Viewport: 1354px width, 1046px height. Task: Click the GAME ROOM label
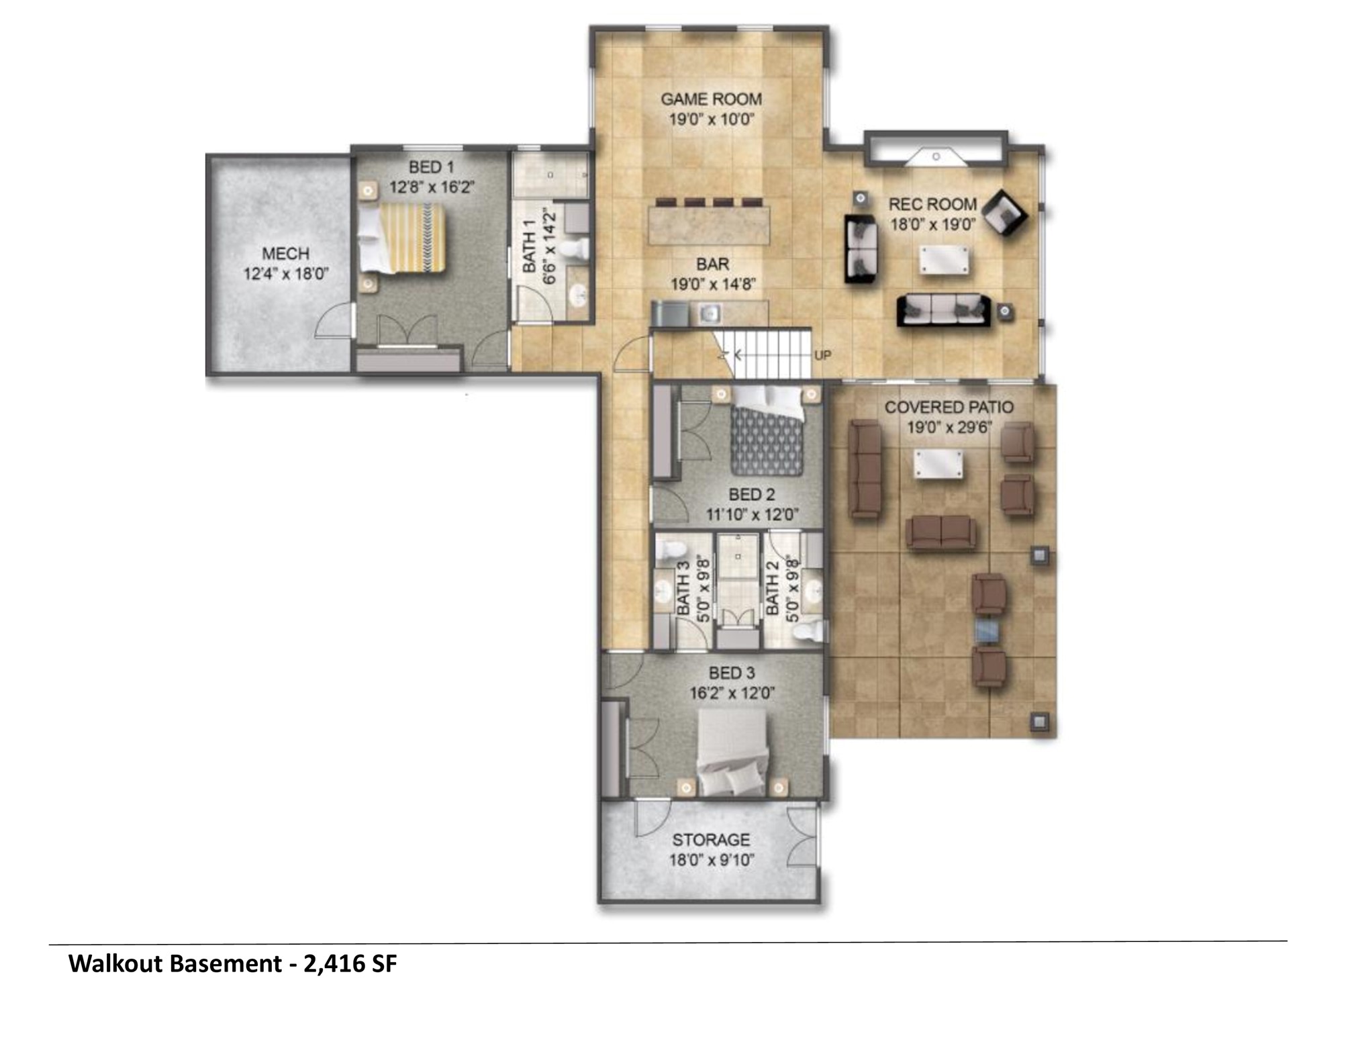tap(711, 99)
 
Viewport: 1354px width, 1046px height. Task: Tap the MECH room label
tap(285, 254)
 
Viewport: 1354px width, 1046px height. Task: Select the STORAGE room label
tap(711, 840)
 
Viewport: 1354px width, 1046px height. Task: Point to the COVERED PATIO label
tap(949, 407)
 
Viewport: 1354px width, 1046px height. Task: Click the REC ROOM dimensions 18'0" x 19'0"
tap(932, 224)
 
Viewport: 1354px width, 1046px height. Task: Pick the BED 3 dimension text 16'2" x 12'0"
tap(731, 693)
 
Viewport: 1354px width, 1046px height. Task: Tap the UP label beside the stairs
tap(822, 355)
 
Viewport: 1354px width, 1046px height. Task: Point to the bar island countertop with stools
tap(709, 225)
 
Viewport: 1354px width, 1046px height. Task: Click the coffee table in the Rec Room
tap(945, 260)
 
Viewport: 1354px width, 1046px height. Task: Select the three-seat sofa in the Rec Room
tap(943, 310)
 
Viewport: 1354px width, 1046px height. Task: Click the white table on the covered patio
tap(937, 465)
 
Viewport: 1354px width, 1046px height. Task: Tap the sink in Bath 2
tap(813, 591)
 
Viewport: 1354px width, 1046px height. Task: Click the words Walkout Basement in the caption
tap(175, 964)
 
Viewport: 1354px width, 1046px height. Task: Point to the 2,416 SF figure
tap(350, 964)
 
